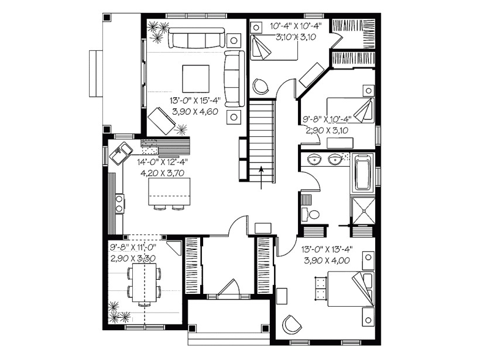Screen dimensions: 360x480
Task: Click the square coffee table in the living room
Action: (196, 77)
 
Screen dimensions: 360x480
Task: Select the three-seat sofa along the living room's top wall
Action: (196, 40)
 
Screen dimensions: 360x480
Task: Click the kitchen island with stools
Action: (170, 192)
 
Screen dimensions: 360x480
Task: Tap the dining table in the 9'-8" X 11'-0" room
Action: (144, 283)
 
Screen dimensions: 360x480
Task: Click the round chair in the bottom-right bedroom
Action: (292, 324)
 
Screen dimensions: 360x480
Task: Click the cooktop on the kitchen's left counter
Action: (119, 204)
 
